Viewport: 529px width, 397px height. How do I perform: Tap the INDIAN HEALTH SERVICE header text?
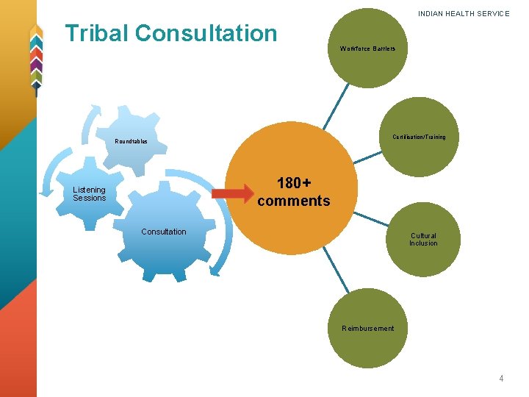point(464,14)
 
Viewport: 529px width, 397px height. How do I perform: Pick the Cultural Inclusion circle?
point(422,239)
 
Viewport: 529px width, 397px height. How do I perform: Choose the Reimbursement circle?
point(367,328)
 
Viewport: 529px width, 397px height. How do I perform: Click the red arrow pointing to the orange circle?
point(231,194)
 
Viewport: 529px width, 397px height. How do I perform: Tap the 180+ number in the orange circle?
point(294,183)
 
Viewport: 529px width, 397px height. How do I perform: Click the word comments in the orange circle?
point(294,201)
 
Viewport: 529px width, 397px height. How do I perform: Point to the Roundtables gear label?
point(131,141)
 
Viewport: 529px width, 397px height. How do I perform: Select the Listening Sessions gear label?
point(90,193)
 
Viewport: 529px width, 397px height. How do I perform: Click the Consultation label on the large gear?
point(164,232)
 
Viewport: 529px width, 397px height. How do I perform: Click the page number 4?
point(501,379)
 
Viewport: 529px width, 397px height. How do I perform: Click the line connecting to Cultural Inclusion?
point(373,218)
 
